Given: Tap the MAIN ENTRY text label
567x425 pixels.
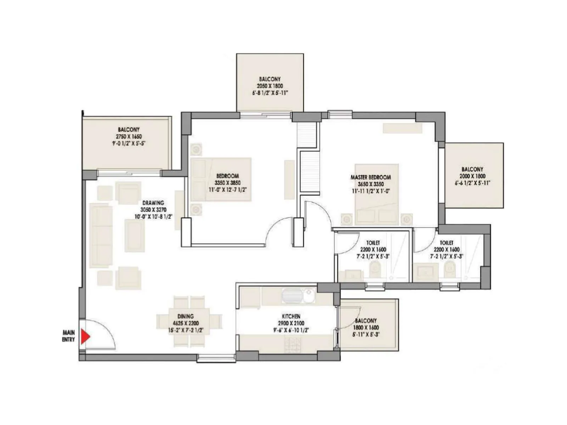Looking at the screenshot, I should (69, 336).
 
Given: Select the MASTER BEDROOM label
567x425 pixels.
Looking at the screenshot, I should (371, 177).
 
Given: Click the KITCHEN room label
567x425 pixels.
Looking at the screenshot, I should (291, 316).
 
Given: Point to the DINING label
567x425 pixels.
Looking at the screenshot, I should (186, 316).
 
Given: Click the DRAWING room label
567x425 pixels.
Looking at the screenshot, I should (153, 203).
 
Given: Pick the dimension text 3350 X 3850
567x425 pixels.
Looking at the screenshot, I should (227, 183).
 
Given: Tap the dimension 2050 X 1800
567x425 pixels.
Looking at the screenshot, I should (270, 86).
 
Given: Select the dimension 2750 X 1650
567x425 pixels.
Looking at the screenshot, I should (129, 136).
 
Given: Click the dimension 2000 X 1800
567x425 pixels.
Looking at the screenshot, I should (472, 176).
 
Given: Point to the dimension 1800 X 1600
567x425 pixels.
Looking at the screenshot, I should (366, 328).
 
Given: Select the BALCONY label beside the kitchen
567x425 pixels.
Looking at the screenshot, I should (366, 321).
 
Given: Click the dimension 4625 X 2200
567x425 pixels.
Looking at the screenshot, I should (186, 323).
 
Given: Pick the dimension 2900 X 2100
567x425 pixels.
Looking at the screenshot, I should (291, 323).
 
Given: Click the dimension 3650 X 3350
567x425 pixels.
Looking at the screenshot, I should (371, 184).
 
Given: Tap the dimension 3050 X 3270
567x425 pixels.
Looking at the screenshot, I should (153, 210).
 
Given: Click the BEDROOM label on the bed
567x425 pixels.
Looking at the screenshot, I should (228, 176).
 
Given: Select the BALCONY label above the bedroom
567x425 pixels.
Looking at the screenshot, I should (270, 79).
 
